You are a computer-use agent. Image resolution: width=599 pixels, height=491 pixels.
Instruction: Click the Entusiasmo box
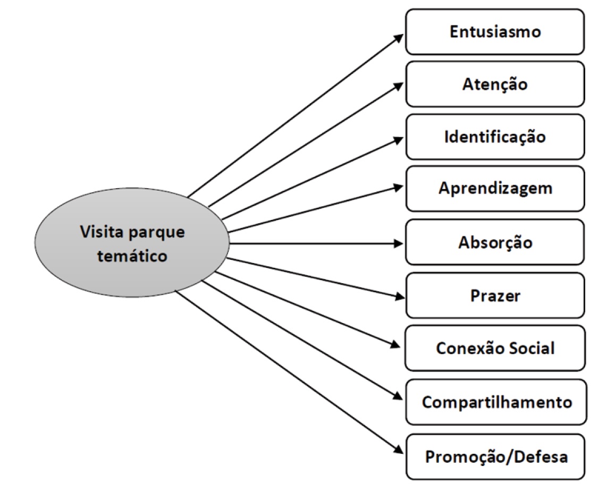pos(495,32)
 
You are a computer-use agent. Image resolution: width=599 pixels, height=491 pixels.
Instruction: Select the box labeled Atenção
pos(495,84)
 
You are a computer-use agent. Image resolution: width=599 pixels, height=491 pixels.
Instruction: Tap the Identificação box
pos(495,137)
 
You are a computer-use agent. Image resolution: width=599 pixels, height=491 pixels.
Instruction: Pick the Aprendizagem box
pos(495,189)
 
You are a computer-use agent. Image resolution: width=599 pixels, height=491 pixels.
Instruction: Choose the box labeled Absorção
pos(495,242)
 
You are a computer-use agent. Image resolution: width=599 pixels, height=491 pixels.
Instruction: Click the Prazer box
pos(495,295)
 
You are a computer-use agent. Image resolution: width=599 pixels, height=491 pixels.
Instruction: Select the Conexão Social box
pos(495,349)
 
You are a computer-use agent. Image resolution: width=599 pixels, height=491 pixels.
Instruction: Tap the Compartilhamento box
pos(496,402)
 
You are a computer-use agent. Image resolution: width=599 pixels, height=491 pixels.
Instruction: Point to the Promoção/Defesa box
pos(496,456)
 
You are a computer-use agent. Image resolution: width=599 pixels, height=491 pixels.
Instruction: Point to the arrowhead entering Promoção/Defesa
pos(399,450)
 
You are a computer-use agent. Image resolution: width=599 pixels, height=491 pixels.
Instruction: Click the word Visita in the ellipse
pos(99,232)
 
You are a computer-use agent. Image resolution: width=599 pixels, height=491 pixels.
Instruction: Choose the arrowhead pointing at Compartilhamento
pos(399,397)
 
